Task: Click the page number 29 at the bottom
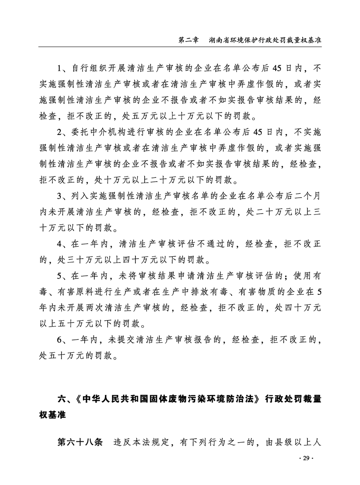click(304, 459)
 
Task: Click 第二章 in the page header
click(187, 39)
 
